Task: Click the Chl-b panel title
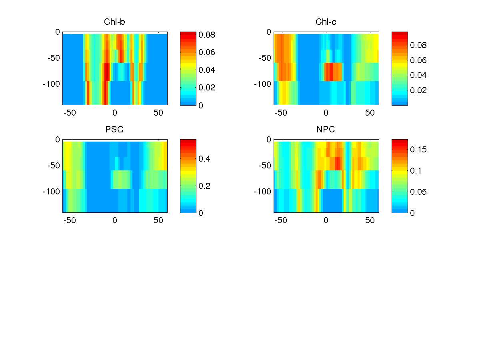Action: pos(114,22)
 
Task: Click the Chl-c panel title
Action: pos(326,22)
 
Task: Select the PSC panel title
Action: pos(114,130)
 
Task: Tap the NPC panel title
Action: pos(326,130)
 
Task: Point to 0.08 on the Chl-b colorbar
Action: pos(207,35)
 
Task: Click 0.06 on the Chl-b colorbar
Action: pos(207,52)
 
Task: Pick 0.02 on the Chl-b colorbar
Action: pos(207,88)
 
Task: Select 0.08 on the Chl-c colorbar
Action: pos(418,45)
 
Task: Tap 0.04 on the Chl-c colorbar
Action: pos(418,75)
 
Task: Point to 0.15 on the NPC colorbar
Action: pos(418,150)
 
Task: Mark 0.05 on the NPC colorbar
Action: pos(418,192)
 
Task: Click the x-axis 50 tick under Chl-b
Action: pos(159,113)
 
